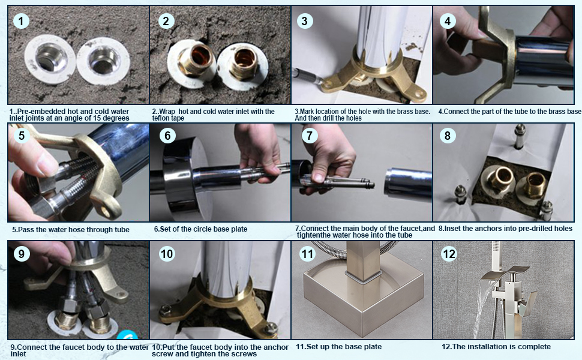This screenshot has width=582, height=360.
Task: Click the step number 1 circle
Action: (21, 21)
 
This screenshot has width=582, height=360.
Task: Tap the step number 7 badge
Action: (310, 136)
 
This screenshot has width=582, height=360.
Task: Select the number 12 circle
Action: (449, 254)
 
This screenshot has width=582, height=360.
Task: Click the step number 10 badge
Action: (167, 254)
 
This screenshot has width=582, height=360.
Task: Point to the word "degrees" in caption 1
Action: (116, 118)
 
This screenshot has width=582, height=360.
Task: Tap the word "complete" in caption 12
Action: (534, 347)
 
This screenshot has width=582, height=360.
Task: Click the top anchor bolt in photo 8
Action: (519, 136)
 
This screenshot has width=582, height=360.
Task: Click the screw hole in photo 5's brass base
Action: (106, 211)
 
